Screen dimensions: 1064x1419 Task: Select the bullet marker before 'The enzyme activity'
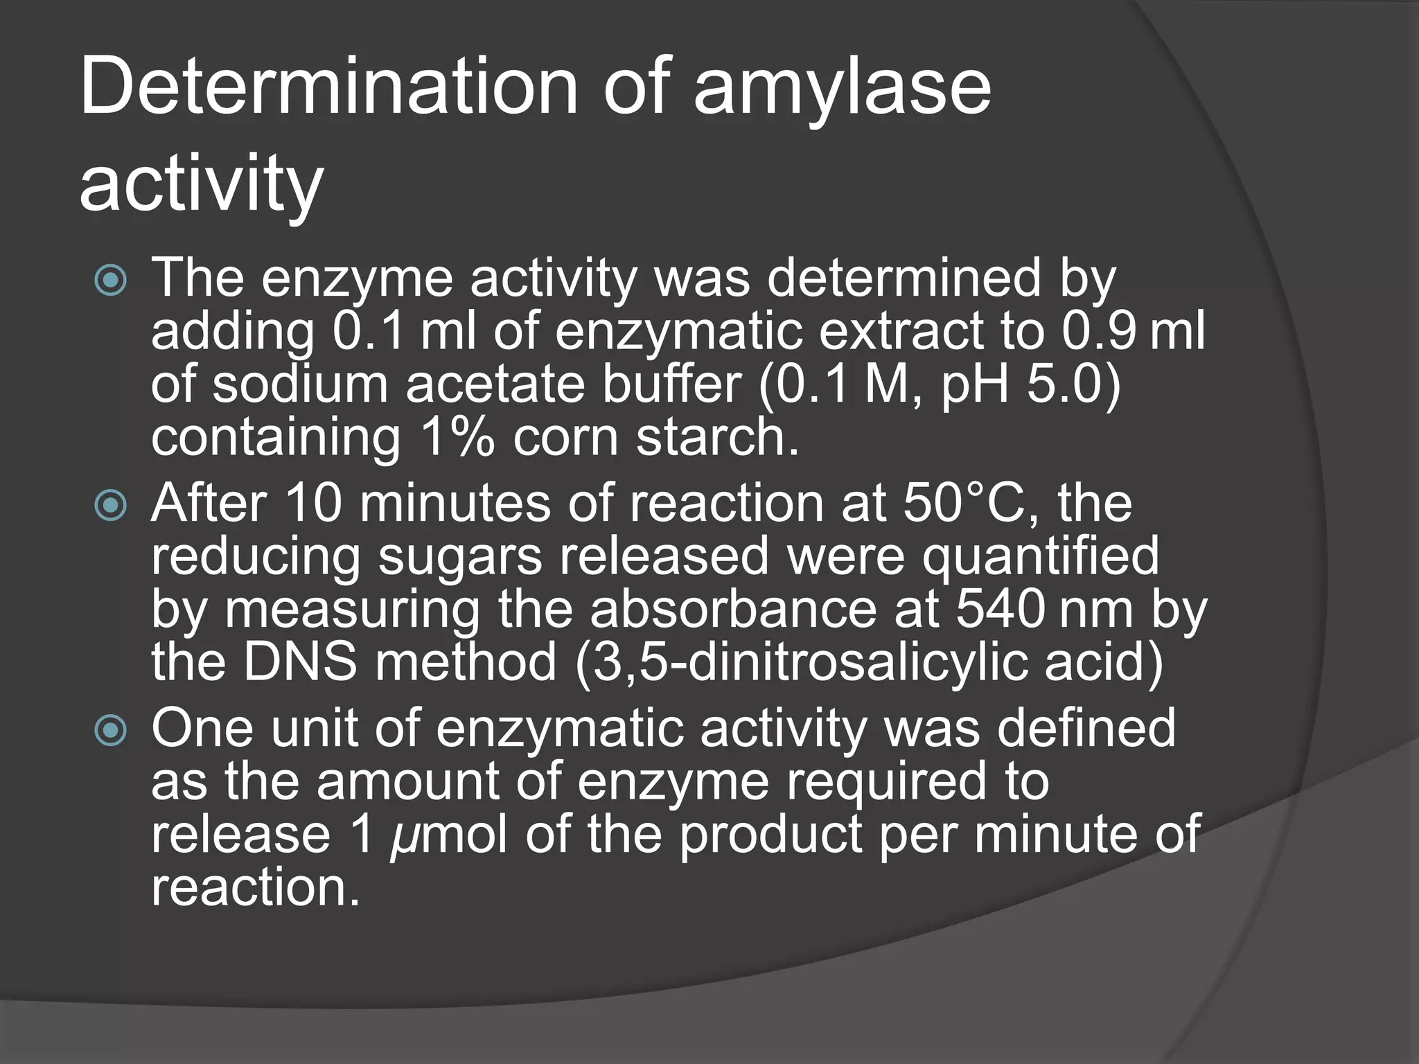(111, 281)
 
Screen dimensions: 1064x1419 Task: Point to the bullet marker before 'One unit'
(111, 729)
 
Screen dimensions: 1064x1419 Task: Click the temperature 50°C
(970, 503)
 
